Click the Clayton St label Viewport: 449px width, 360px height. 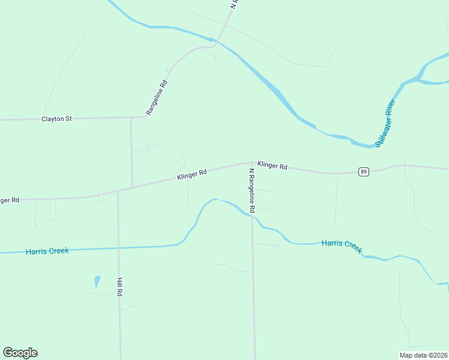(x=56, y=119)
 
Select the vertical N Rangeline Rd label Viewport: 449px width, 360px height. (x=253, y=191)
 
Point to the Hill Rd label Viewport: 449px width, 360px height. (x=120, y=286)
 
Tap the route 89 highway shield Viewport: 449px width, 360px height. (x=363, y=172)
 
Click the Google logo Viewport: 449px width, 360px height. (x=20, y=353)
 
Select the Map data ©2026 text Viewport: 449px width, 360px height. (x=424, y=355)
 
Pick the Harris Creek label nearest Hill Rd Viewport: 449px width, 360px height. (x=47, y=251)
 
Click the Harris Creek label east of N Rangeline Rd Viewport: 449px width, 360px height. (x=342, y=245)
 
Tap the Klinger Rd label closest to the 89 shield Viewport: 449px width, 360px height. (x=273, y=165)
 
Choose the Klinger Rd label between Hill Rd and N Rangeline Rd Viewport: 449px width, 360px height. (x=192, y=175)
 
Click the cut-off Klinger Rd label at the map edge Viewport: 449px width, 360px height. (x=10, y=200)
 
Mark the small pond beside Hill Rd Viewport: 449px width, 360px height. (x=97, y=281)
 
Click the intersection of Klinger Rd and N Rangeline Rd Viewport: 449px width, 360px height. (x=252, y=162)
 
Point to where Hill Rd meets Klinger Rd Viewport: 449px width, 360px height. (x=118, y=190)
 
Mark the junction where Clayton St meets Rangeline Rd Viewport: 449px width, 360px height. (x=145, y=116)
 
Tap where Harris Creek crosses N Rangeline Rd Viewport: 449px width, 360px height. (x=253, y=215)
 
